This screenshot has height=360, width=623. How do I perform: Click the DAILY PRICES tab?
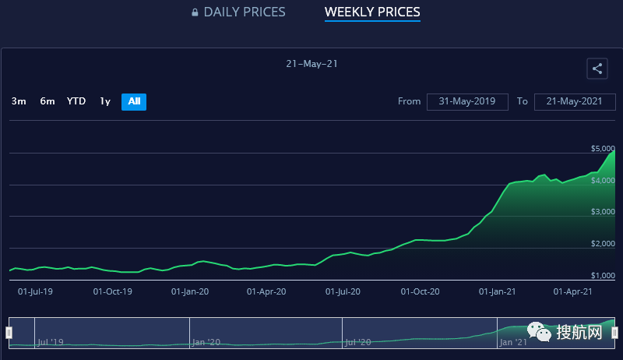click(x=245, y=12)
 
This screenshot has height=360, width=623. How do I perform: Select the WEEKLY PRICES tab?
click(x=372, y=12)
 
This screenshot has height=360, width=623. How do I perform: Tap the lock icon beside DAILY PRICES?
click(x=195, y=12)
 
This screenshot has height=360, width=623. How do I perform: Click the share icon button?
click(x=597, y=69)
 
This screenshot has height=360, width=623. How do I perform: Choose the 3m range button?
click(x=19, y=101)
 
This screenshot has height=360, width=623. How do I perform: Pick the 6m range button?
click(x=48, y=101)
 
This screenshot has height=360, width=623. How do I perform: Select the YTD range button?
click(x=76, y=101)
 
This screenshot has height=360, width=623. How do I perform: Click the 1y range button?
click(x=105, y=101)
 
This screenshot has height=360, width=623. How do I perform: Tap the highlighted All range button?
click(x=134, y=101)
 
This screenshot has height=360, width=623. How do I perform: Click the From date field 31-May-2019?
click(x=467, y=101)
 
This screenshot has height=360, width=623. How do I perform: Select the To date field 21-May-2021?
click(x=575, y=101)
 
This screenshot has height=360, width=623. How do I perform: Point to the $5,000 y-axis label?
click(x=604, y=148)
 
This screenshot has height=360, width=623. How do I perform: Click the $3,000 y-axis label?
click(x=604, y=212)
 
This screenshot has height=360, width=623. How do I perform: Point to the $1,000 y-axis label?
click(x=604, y=276)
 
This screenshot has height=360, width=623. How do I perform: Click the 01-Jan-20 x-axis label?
click(x=189, y=291)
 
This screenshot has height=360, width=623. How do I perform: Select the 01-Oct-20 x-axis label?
click(x=421, y=291)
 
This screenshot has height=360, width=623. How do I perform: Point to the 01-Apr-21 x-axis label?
click(x=573, y=291)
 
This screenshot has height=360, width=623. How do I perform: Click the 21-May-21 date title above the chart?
click(x=311, y=64)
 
